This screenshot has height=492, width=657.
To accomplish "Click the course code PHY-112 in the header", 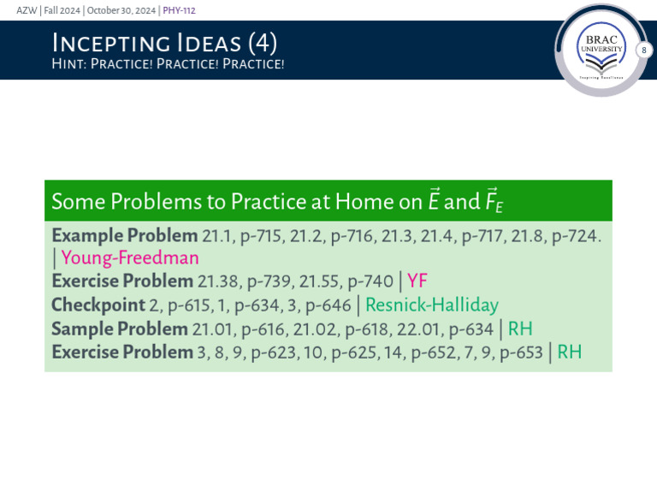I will coord(180,9).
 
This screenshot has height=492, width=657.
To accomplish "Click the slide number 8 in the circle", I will coord(644,51).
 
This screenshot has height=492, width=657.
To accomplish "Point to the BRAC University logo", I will coord(601,51).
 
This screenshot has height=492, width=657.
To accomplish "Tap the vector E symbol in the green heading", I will coord(434,201).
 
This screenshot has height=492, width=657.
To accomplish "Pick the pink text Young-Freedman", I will coord(130,258).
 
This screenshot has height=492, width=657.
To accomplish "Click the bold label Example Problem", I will coord(123,235).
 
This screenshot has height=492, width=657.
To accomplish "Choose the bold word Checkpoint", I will coord(97,305).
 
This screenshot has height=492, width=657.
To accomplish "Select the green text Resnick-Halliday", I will coord(432,305).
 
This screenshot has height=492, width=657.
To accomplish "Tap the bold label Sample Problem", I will coord(119,329).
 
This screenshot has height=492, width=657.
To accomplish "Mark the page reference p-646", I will coord(326,305).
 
